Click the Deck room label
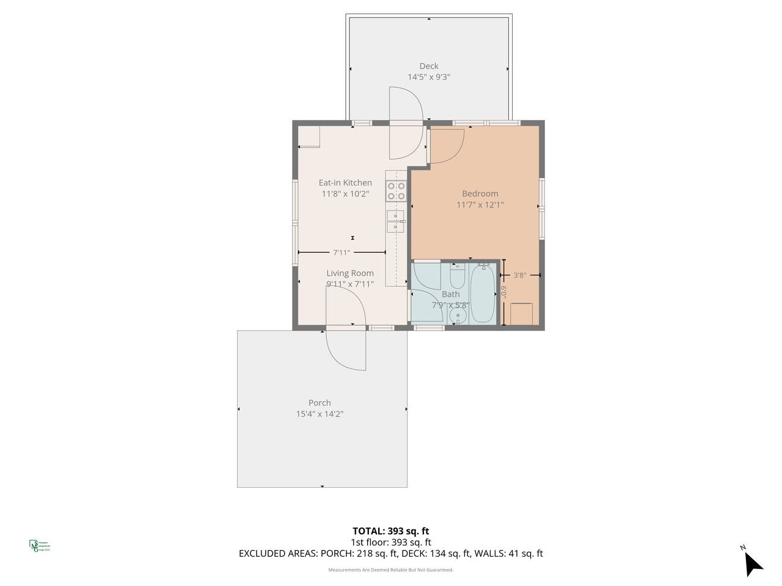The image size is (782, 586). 428,66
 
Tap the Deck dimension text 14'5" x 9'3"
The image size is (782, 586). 428,78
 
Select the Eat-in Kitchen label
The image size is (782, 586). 345,183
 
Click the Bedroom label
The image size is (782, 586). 480,194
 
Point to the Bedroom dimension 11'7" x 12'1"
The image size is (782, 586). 480,205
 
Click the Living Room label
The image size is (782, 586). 349,273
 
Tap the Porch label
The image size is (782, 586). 320,403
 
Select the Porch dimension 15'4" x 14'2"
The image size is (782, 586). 320,414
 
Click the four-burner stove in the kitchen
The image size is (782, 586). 396,192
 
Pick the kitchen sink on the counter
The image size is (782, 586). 395,221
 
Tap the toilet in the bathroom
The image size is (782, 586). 458,277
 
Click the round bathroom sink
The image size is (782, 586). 458,316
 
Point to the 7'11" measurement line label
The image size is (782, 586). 342,252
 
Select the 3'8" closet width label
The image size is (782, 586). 520,275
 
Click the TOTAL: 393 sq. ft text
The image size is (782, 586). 390,531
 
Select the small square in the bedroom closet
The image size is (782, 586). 521,314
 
